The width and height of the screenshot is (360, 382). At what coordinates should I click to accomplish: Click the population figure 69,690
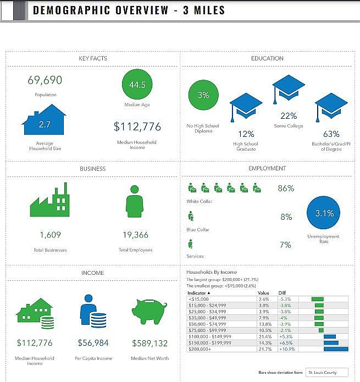point(45,80)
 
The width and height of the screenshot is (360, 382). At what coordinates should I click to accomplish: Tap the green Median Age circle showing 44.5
point(137,85)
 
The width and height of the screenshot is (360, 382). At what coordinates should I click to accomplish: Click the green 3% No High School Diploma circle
point(203,95)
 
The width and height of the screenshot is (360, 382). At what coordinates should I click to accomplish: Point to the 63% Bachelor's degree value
point(331,134)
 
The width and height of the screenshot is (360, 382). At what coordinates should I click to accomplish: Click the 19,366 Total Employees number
point(135,235)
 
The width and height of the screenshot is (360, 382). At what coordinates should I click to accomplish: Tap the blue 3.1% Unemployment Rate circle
point(324,213)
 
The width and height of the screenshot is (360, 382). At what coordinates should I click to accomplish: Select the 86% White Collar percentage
point(286,188)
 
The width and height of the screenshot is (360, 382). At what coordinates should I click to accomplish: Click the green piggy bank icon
point(149,311)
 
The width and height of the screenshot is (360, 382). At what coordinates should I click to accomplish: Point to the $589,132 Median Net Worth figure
point(149,343)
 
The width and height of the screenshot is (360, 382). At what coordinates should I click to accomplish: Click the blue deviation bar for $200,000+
point(336,349)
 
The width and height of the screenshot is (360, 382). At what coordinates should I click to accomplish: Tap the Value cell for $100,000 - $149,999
point(264,336)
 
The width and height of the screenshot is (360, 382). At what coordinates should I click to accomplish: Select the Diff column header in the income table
point(283,293)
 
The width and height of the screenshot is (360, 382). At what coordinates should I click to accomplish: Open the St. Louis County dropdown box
point(327,372)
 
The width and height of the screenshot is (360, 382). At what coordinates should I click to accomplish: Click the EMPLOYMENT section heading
point(267,168)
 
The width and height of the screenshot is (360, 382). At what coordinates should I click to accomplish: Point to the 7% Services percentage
point(286,245)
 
